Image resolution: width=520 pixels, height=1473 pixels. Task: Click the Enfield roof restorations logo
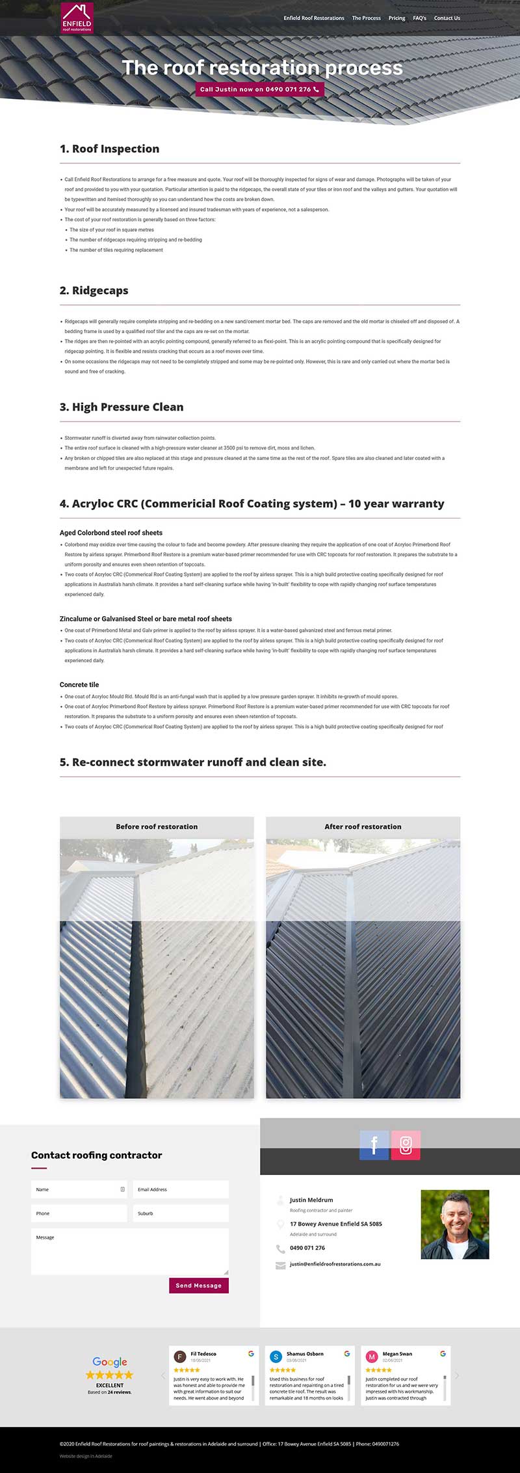(77, 18)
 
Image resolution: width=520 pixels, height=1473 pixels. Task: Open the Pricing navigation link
(396, 18)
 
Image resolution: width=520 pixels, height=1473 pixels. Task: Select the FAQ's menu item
(419, 18)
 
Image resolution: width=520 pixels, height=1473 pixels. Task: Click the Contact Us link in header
(447, 18)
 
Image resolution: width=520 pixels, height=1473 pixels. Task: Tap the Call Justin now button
(259, 89)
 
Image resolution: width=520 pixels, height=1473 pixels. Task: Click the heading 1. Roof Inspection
(109, 149)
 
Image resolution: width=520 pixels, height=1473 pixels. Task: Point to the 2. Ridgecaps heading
(94, 291)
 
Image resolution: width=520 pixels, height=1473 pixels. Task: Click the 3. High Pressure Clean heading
(122, 407)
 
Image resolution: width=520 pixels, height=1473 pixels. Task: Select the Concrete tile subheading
(79, 684)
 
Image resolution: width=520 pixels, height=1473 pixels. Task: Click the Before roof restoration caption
(157, 826)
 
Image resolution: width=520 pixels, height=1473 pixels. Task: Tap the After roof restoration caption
(363, 826)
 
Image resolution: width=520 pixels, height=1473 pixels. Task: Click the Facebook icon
(374, 1145)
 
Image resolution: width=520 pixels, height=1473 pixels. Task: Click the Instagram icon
(406, 1145)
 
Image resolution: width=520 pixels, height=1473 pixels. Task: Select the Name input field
(79, 1189)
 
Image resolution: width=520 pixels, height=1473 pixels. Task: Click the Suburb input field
(181, 1213)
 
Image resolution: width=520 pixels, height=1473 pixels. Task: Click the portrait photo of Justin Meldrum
(454, 1224)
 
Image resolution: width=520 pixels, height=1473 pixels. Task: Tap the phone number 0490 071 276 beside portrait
(307, 1248)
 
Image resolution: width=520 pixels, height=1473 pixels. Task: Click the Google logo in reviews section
(110, 1362)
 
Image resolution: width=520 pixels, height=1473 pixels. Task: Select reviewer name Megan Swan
(397, 1353)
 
